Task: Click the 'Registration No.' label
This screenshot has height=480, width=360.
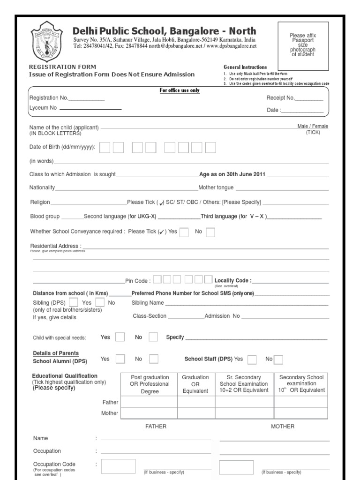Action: click(49, 98)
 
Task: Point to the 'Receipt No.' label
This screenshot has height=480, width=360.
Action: click(280, 98)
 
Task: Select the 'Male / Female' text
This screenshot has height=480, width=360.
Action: click(313, 127)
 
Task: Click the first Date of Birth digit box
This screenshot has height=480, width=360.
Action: click(105, 148)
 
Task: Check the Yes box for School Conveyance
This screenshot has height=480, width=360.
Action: click(184, 232)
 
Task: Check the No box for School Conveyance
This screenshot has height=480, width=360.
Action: click(210, 232)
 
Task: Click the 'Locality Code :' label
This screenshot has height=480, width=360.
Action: click(233, 281)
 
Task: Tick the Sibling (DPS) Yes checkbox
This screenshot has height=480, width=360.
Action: click(74, 302)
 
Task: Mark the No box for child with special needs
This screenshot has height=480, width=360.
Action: click(153, 337)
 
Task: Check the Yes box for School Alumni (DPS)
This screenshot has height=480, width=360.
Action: click(120, 359)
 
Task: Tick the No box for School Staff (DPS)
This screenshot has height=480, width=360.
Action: click(278, 360)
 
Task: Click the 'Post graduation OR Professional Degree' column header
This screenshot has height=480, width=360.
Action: click(150, 384)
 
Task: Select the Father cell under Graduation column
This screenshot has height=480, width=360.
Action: click(195, 402)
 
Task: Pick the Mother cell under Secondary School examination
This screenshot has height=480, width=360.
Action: click(301, 413)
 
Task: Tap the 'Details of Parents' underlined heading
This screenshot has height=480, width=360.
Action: click(56, 353)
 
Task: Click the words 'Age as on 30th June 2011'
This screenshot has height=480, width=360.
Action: click(232, 174)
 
